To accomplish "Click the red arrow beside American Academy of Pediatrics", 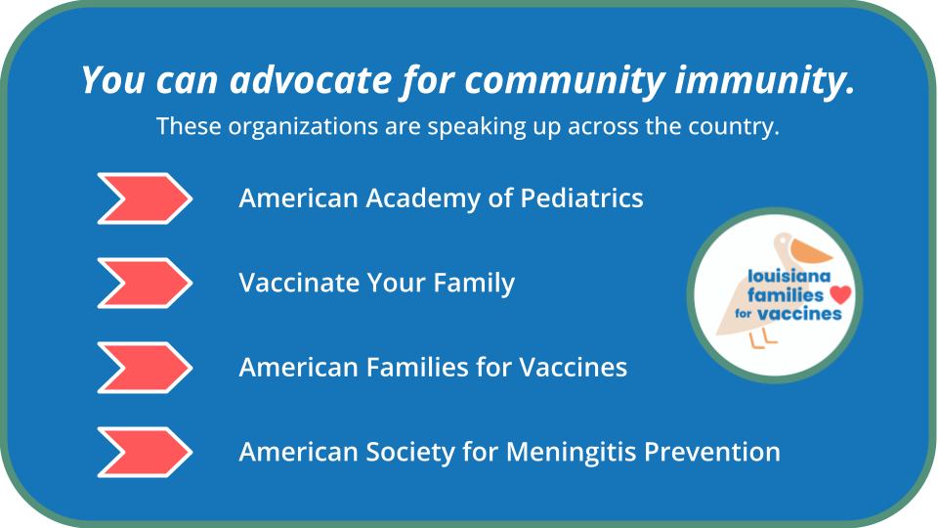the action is click(145, 198).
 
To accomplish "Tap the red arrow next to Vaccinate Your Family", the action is click(145, 283).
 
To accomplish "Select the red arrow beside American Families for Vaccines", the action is click(145, 367).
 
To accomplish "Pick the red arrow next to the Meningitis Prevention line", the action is click(145, 452).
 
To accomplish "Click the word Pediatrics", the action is click(581, 198).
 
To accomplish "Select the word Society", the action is click(410, 452).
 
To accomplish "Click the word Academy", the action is click(423, 198).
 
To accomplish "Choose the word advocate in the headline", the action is click(311, 79).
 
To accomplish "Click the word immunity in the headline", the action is click(765, 79).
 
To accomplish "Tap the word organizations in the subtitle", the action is click(303, 126).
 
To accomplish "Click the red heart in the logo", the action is click(840, 294).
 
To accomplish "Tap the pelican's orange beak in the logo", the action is click(809, 251).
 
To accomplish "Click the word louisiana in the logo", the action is click(789, 276).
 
